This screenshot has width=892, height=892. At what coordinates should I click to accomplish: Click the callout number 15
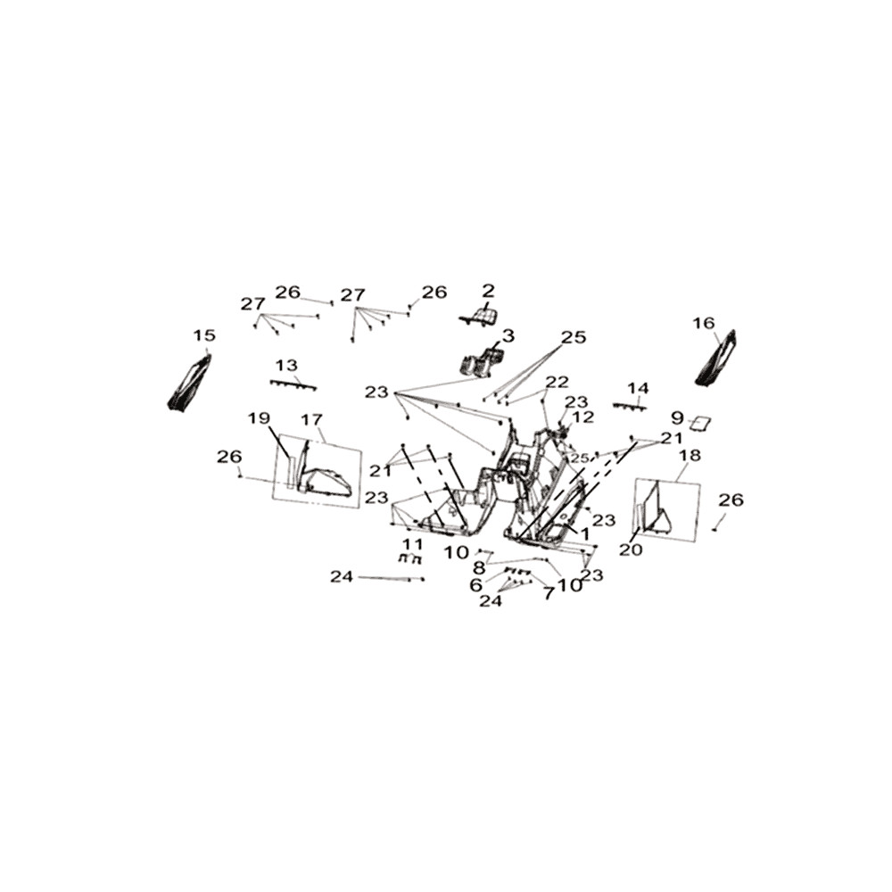click(204, 335)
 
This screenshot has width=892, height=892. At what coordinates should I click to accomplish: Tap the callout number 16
click(704, 323)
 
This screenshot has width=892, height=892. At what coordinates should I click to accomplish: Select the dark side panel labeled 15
click(190, 382)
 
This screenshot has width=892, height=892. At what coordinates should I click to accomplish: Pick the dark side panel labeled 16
click(716, 358)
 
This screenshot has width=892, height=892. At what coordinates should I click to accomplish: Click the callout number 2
click(488, 292)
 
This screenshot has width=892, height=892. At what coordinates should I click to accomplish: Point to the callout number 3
click(508, 335)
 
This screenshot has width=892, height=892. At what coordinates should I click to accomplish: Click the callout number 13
click(286, 365)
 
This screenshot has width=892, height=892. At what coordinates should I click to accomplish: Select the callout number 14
click(639, 388)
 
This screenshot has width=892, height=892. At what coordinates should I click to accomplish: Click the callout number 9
click(677, 418)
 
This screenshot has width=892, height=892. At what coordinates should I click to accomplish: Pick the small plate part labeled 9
click(701, 424)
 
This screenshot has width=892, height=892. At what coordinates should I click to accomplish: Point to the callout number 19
click(259, 418)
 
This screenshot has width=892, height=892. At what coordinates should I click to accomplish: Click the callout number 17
click(311, 420)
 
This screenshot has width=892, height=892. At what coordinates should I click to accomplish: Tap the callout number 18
click(690, 455)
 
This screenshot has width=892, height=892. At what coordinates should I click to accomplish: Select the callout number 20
click(631, 549)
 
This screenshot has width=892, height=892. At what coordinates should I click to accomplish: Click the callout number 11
click(412, 544)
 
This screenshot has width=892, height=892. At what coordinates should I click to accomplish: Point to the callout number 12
click(582, 417)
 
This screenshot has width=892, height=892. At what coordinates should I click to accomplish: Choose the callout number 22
click(557, 382)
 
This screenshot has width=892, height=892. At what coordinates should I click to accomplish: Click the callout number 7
click(548, 593)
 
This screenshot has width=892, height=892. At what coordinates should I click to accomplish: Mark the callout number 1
click(584, 533)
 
